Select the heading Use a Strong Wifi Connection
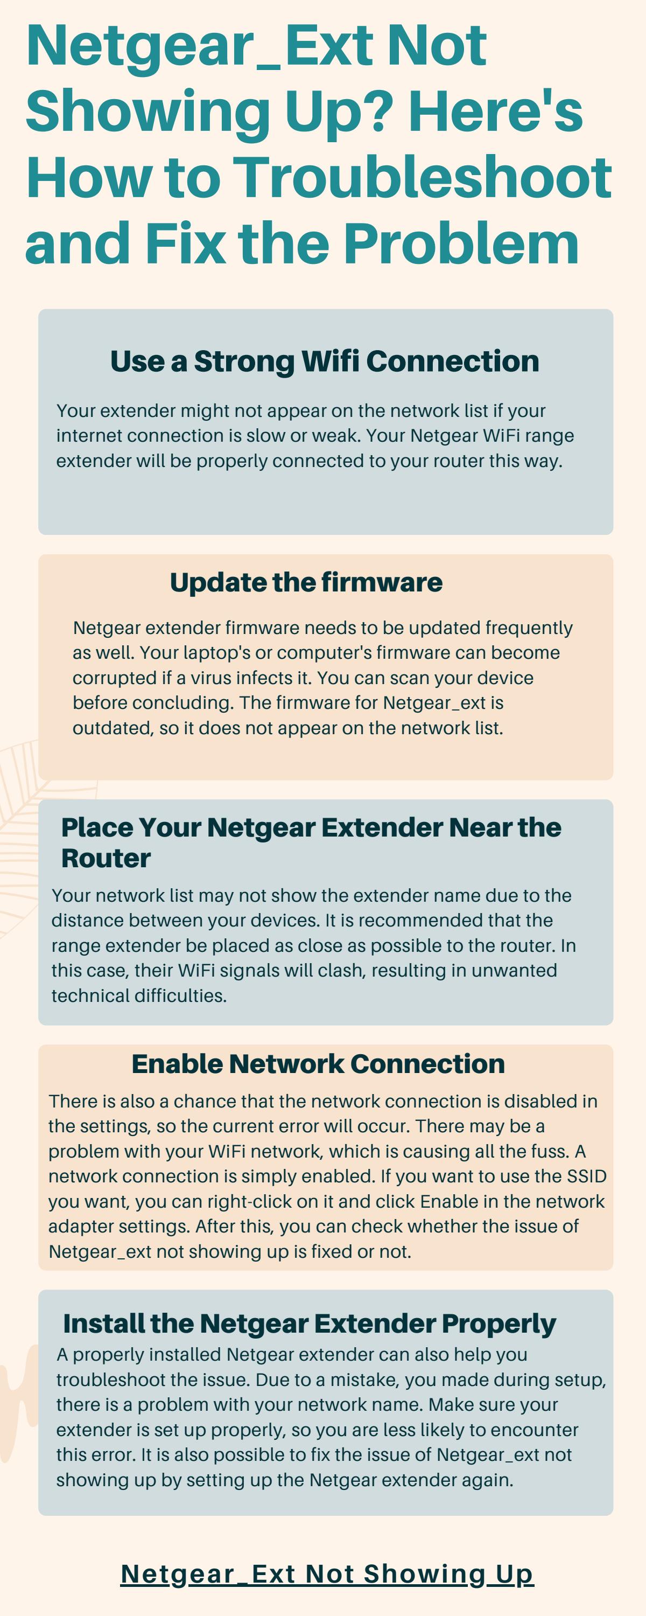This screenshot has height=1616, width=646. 324,361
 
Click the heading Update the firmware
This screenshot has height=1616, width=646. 306,582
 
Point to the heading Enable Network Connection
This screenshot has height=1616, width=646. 318,1064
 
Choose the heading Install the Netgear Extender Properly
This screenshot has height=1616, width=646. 309,1324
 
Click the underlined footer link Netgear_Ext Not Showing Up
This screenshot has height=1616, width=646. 327,1574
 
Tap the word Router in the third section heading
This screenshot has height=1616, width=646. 106,858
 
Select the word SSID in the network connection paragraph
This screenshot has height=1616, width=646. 586,1176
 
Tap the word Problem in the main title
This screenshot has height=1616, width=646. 461,243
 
